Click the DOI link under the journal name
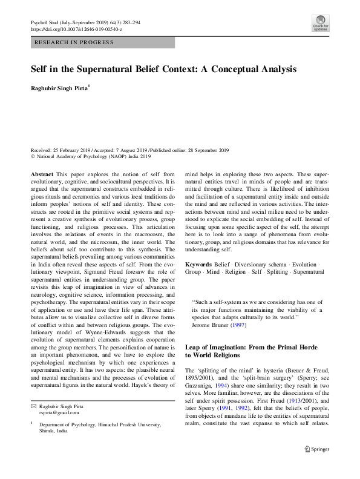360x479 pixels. coord(76,28)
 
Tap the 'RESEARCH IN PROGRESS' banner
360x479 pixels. coord(74,42)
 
